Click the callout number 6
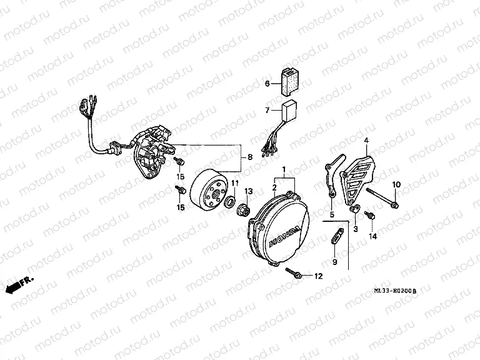point(267,83)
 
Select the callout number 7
point(267,111)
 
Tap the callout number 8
point(250,157)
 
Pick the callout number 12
point(319,276)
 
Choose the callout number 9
point(334,262)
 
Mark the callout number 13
point(247,191)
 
